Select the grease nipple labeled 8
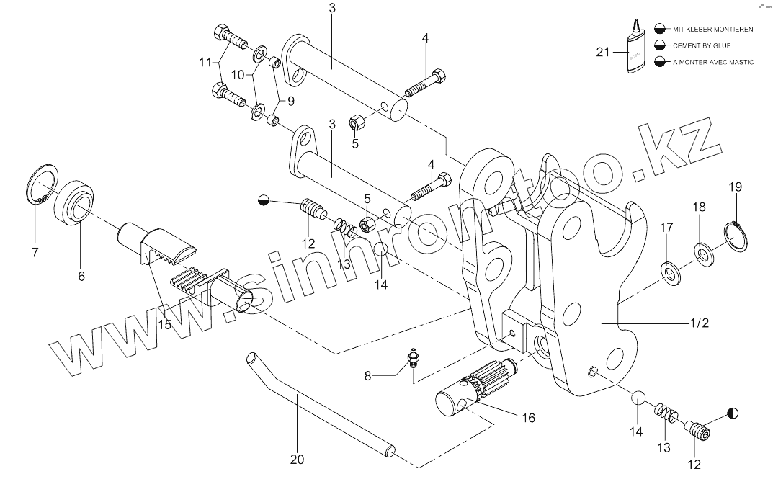(x=413, y=357)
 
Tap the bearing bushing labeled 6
(x=75, y=203)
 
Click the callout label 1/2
(x=698, y=323)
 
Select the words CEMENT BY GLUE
(x=702, y=45)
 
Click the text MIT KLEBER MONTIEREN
(x=713, y=29)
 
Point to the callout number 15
(x=165, y=324)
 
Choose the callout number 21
(x=603, y=52)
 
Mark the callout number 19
(x=734, y=187)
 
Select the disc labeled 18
(x=700, y=251)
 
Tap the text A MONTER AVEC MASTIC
(x=713, y=62)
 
